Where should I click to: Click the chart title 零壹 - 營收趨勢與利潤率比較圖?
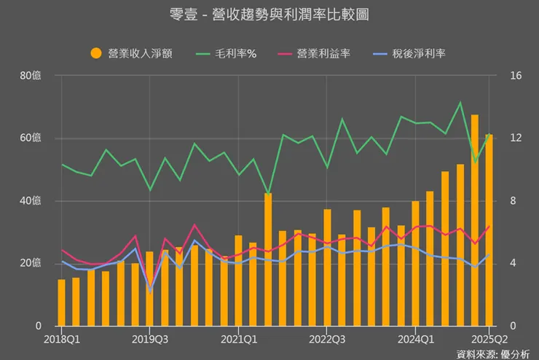(269, 15)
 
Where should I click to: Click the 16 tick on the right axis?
(516, 75)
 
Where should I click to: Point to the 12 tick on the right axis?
(516, 138)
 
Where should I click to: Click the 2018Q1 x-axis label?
(62, 339)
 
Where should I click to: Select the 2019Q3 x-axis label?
(149, 339)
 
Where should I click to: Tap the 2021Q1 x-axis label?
(239, 339)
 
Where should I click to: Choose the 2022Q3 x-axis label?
(327, 339)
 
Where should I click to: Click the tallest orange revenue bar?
(474, 219)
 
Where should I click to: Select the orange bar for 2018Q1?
(62, 302)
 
